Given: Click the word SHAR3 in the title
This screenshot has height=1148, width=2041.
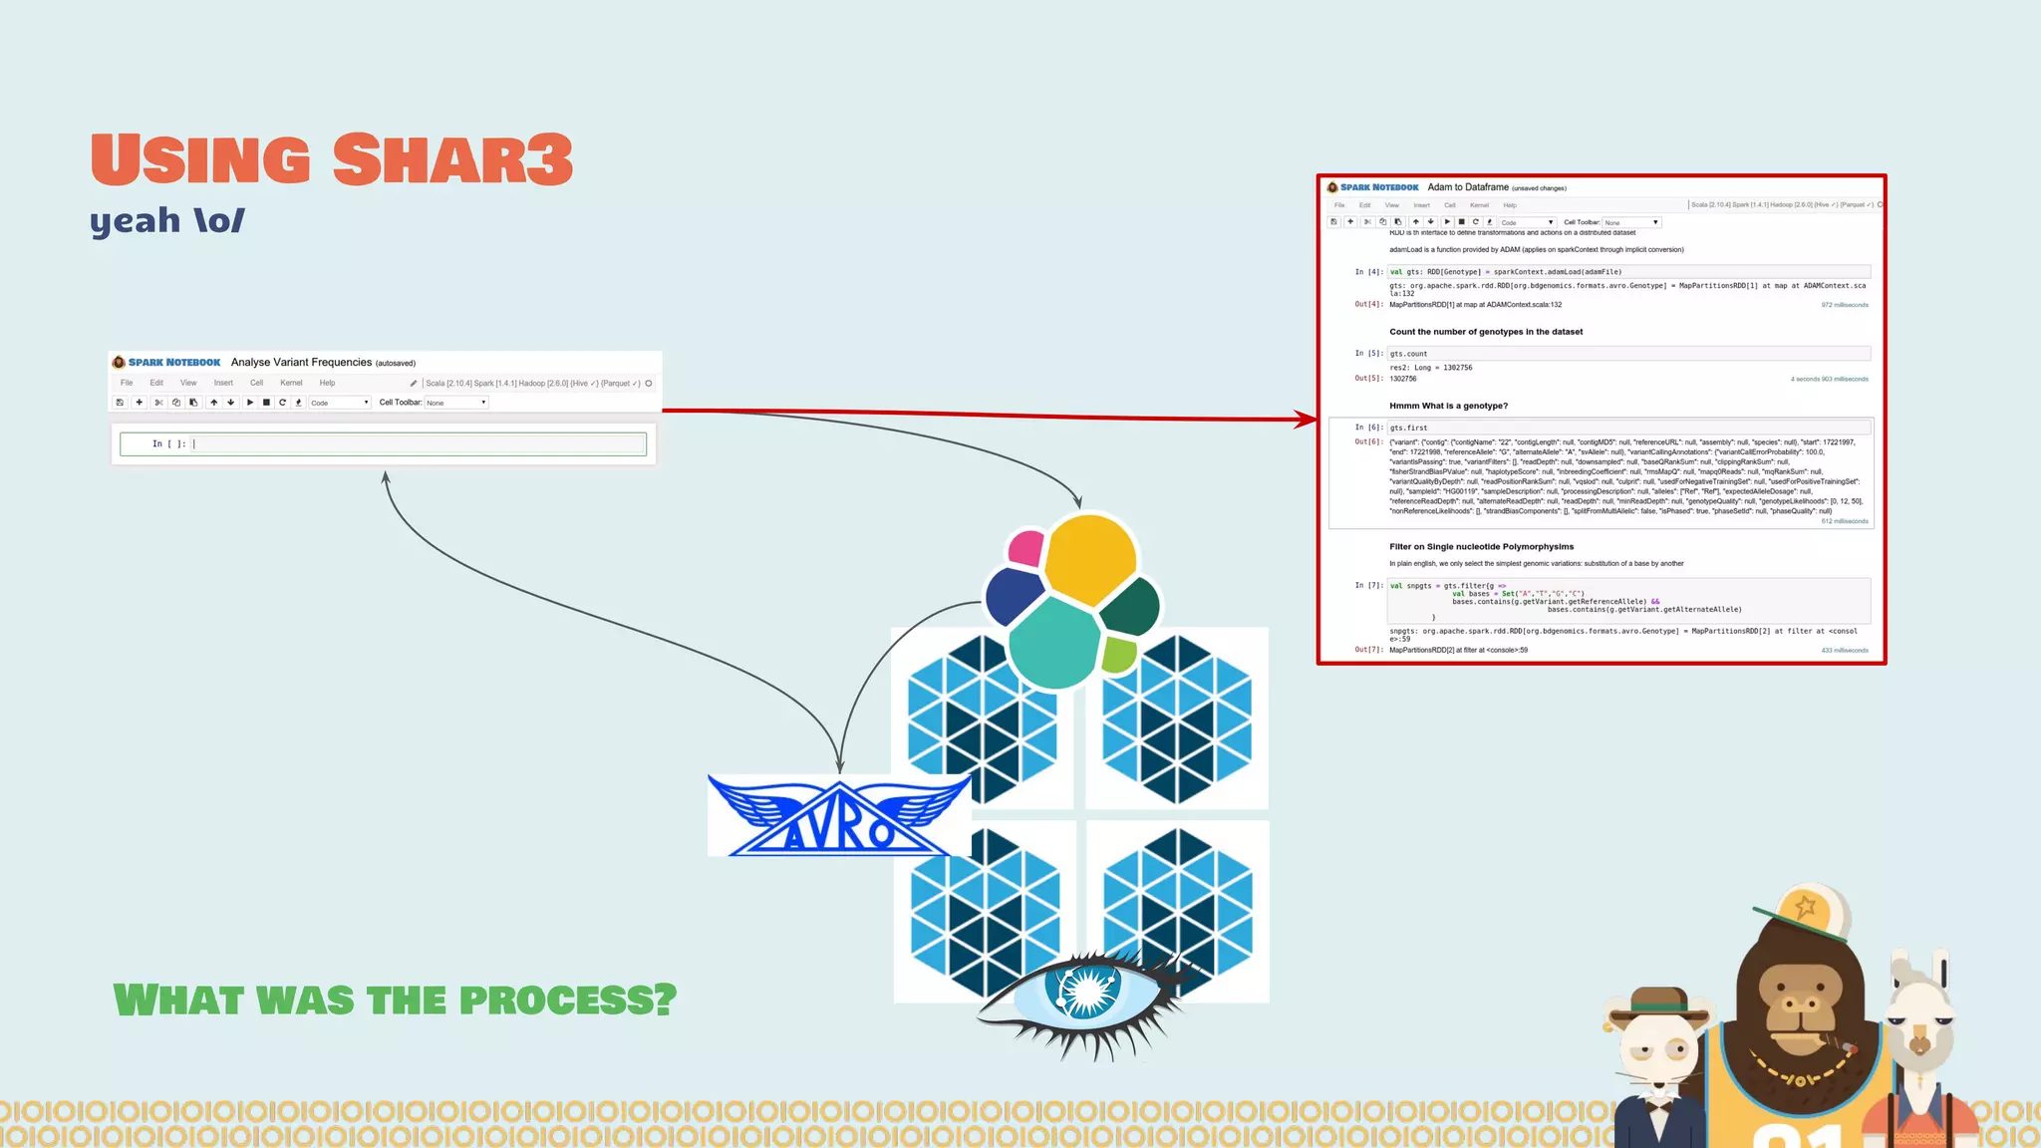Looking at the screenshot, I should [x=453, y=159].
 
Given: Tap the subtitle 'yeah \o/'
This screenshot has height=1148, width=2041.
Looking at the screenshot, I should [x=166, y=220].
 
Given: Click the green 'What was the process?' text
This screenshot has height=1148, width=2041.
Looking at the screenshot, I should [x=395, y=1000].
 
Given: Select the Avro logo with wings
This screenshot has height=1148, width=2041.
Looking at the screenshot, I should [x=839, y=815].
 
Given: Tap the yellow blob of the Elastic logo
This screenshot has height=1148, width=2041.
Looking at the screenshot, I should [x=1089, y=558].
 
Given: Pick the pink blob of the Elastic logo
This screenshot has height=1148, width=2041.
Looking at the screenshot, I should [x=1025, y=547].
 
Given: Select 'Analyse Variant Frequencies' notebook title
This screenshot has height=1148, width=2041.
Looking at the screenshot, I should [x=301, y=363].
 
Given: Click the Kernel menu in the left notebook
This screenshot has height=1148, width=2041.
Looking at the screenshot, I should [x=291, y=383].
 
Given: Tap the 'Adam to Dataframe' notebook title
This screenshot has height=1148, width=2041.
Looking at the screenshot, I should [x=1467, y=187].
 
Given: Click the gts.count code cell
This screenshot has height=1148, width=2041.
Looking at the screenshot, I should [x=1628, y=354].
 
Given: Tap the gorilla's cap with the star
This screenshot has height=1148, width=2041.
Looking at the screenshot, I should [x=1802, y=910].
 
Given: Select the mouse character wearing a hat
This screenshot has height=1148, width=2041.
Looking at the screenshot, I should [x=1659, y=1056].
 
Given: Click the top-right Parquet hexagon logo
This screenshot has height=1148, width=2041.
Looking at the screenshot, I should [x=1177, y=717].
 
